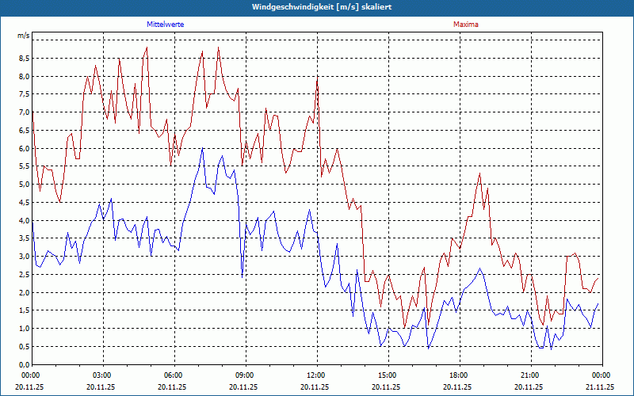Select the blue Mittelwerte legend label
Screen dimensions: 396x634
tap(166, 25)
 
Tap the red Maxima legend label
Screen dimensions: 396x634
tap(465, 25)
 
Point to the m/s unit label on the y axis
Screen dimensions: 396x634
tap(24, 36)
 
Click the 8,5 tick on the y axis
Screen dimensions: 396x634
tap(24, 59)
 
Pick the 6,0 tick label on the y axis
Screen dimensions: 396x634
tap(24, 149)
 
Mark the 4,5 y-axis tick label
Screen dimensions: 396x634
tap(24, 203)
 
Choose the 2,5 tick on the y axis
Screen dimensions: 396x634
tap(24, 275)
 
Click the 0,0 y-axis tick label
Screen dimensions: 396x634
tap(24, 364)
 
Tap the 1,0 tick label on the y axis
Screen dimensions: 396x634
tap(24, 329)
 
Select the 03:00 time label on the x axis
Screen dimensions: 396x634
tap(101, 375)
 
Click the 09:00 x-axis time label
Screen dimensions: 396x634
tap(244, 375)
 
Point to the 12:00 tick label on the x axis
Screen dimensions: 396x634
tap(315, 375)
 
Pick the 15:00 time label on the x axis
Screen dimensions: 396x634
tap(387, 375)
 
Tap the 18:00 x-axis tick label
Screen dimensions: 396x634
tap(458, 375)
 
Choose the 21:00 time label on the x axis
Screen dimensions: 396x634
tap(529, 375)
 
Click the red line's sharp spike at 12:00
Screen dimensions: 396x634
tap(318, 77)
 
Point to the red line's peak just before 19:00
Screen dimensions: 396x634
tap(480, 173)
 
